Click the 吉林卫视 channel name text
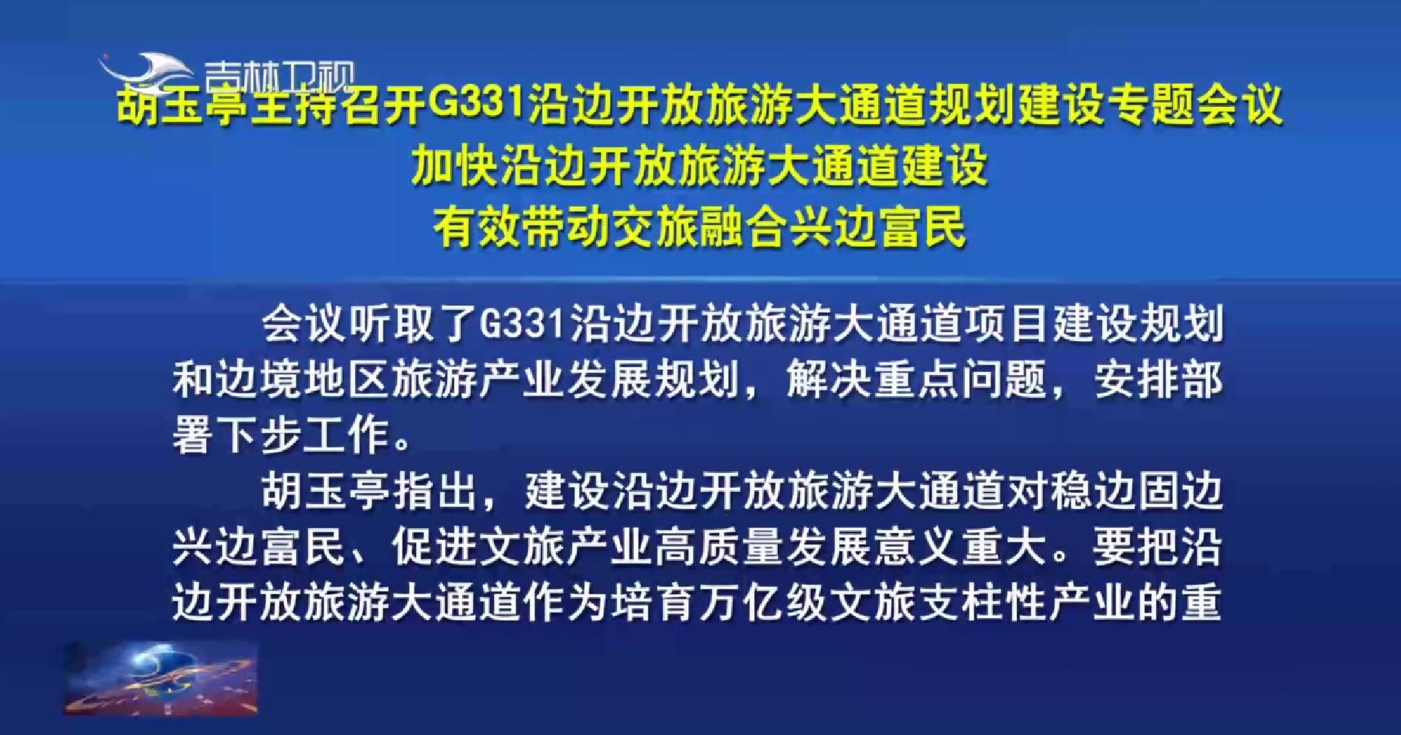click(x=279, y=77)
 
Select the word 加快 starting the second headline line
click(x=455, y=166)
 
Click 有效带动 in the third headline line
click(x=521, y=227)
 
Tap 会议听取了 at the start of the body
click(x=370, y=325)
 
